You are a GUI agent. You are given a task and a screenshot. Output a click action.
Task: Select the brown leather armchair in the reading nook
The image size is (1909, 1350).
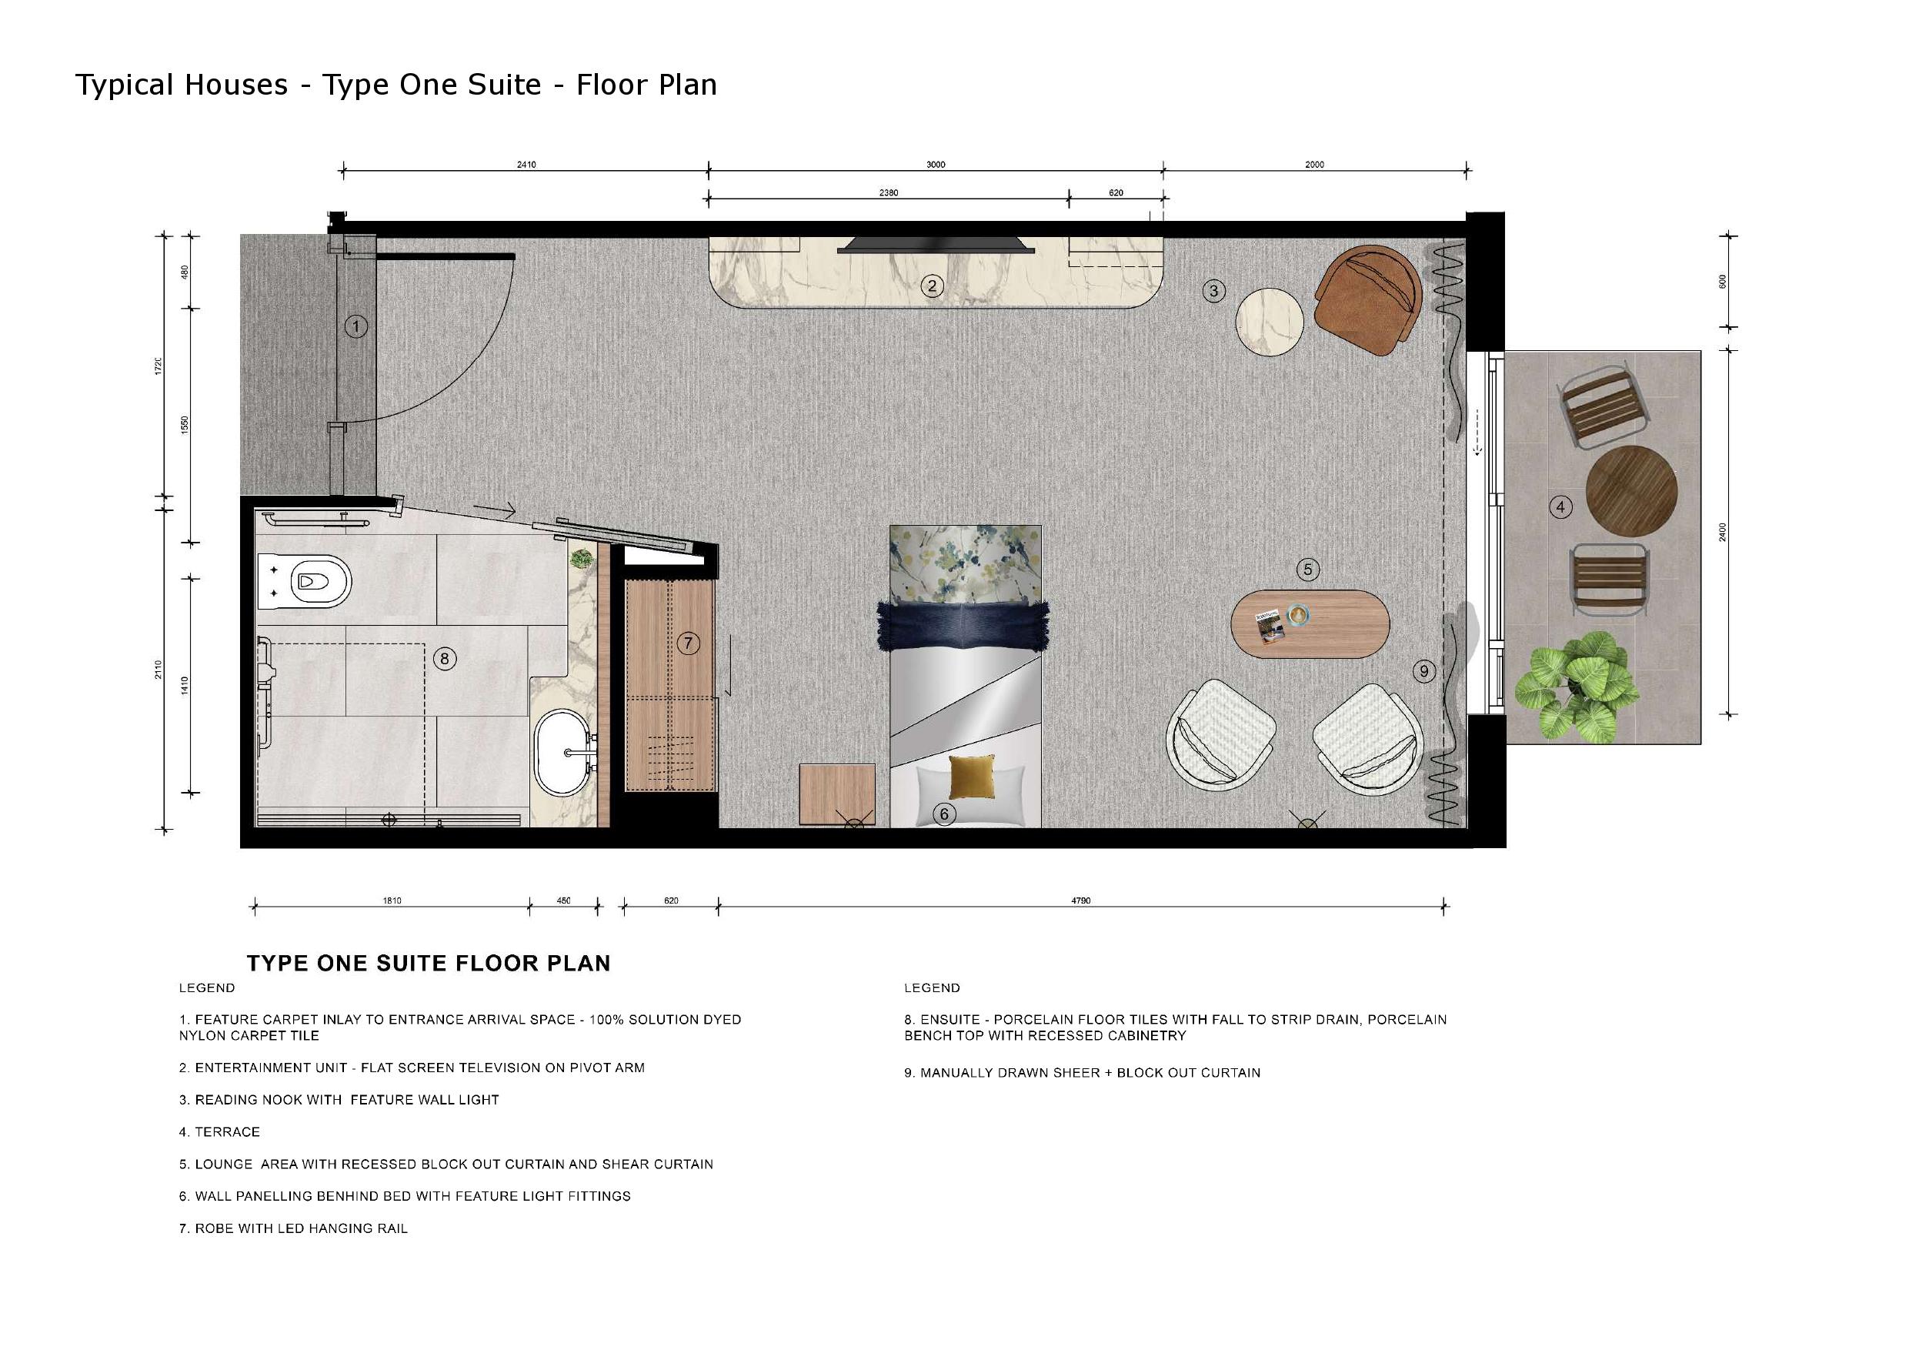pos(1367,299)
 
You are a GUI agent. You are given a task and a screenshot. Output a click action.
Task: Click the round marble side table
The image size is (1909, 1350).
pos(1269,322)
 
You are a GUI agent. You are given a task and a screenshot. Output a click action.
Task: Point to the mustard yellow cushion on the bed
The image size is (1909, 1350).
pos(971,777)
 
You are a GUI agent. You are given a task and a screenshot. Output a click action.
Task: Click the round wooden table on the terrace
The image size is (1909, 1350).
pos(1631,491)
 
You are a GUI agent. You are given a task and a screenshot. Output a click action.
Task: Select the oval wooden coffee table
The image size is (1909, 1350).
pos(1310,624)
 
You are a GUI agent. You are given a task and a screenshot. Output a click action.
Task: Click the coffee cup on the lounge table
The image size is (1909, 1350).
pos(1299,616)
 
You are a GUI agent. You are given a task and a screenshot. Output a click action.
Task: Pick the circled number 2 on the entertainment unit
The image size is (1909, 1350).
pos(932,286)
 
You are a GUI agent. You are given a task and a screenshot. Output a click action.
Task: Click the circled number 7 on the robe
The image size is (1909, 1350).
pos(688,643)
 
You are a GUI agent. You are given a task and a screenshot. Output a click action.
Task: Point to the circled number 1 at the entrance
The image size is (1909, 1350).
pos(355,327)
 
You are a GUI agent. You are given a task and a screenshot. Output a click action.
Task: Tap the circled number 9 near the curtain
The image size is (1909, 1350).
pos(1424,671)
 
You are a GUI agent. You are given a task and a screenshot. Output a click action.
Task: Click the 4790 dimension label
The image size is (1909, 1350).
pos(1081,900)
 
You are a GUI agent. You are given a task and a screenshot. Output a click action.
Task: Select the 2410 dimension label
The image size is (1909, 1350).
pos(526,165)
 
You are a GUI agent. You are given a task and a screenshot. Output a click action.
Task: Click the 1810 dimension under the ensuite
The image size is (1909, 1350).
pos(392,900)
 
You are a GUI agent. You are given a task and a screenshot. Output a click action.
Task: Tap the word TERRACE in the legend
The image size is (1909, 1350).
pos(227,1132)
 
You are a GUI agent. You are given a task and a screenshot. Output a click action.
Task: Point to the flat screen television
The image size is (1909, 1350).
pos(936,244)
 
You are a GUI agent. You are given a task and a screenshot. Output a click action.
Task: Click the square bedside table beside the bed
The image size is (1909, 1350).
pos(837,795)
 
